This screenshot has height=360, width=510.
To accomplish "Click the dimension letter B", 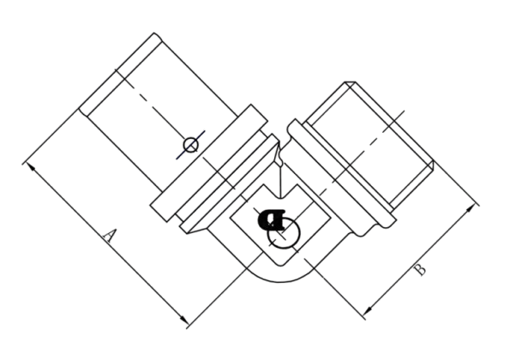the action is (420, 270).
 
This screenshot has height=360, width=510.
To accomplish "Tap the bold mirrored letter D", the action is (271, 219).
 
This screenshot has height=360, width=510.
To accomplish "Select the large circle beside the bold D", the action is (284, 233).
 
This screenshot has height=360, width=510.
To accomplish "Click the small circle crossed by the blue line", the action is (190, 145).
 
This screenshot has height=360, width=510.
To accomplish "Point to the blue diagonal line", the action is (190, 145).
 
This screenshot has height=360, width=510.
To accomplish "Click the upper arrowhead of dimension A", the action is (31, 166).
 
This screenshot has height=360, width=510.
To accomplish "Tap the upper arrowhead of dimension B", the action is (470, 208).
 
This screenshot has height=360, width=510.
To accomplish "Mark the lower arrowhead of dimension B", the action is (369, 309).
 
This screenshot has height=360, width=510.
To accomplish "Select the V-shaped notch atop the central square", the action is (280, 191).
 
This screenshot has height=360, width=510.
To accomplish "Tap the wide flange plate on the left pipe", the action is (209, 163).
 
